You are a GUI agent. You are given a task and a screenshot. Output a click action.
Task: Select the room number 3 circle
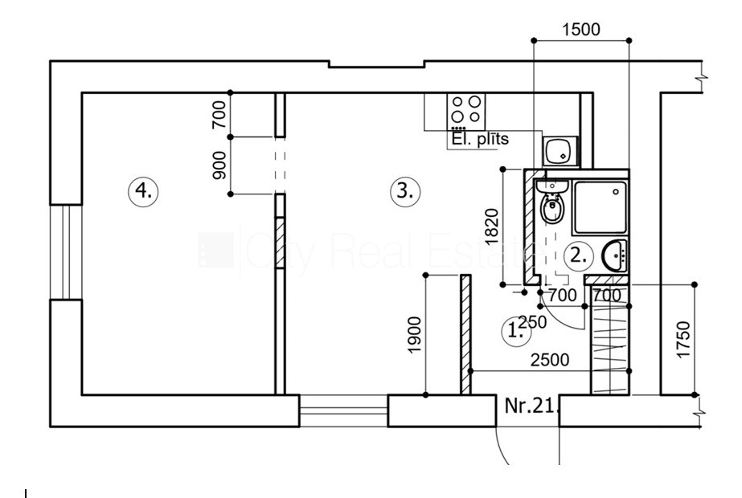coord(404,191)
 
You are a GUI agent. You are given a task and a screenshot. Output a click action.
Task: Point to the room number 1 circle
coord(513,329)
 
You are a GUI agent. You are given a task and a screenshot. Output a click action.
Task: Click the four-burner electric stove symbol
coord(465,111)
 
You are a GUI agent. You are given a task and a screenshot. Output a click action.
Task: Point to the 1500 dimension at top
coord(580,31)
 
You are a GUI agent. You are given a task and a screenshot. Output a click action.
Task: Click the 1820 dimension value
coord(492,227)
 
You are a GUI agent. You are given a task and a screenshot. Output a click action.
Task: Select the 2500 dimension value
coord(550,360)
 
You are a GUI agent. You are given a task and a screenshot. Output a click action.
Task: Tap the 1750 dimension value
coord(683,340)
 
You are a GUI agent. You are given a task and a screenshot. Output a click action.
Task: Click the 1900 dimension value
coord(414,335)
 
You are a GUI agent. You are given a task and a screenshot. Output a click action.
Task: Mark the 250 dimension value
coord(532,322)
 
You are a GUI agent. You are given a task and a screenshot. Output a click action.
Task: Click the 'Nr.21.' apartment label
coord(531,406)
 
